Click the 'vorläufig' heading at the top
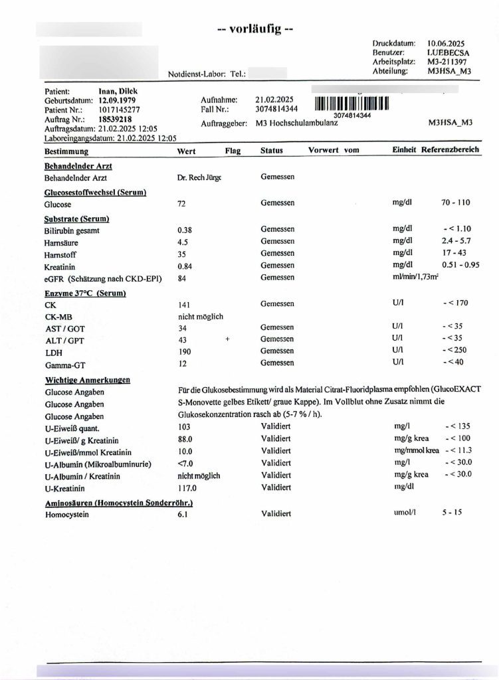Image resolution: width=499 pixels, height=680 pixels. tap(255, 29)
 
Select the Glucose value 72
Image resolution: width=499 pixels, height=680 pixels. tap(181, 205)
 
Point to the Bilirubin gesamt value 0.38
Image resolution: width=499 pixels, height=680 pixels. tap(184, 229)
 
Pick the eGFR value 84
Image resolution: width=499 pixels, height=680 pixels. tap(181, 278)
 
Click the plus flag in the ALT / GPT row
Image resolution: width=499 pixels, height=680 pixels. tap(228, 339)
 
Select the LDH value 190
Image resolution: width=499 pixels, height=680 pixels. tap(184, 351)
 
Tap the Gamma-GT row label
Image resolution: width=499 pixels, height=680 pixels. tap(61, 365)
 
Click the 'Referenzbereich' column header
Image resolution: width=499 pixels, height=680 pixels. tap(449, 150)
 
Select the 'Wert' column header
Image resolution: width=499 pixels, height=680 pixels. tap(187, 151)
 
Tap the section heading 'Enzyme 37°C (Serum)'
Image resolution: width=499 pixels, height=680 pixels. tap(85, 293)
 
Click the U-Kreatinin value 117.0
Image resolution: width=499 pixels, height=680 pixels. tap(187, 487)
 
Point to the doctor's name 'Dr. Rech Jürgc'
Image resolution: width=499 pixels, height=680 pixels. tap(199, 178)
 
